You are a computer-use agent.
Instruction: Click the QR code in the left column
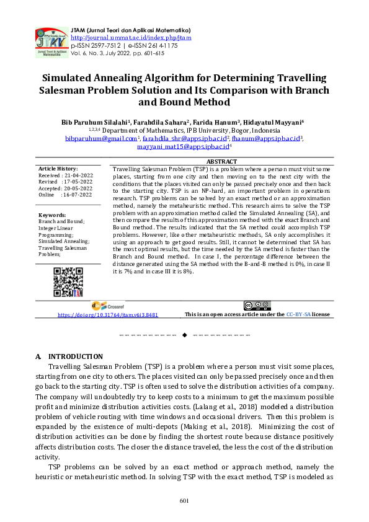68,282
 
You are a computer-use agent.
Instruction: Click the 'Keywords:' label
52,215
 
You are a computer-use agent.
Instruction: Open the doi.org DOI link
108,315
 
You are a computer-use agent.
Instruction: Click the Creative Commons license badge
257,305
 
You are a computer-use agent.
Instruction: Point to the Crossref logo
108,306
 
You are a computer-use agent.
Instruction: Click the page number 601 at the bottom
184,501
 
